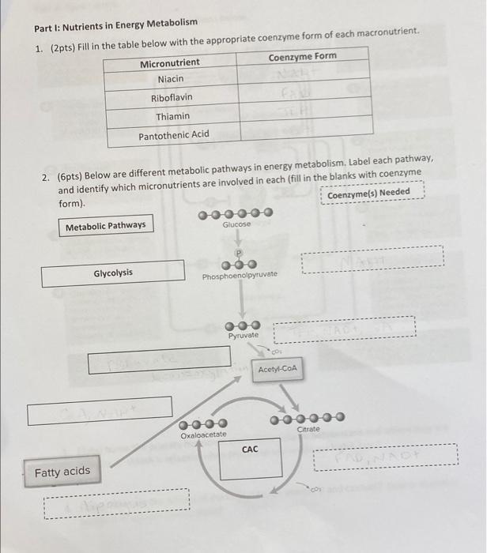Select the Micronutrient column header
170,62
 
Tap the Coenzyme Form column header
303,56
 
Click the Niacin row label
170,79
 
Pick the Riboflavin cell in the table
172,98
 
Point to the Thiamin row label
172,116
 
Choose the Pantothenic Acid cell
174,134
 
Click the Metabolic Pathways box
106,226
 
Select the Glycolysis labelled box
113,273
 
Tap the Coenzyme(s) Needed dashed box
368,194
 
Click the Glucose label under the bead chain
236,225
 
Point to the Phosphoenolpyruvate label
240,276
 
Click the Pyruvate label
243,336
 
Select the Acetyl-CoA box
277,369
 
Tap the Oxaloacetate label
203,435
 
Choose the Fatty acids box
62,472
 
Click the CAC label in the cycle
250,450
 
